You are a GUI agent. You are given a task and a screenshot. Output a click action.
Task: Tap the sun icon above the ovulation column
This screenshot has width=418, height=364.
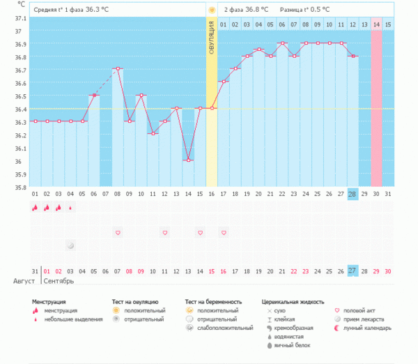(x=211, y=10)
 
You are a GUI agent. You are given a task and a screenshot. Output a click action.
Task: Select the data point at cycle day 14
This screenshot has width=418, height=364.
(x=188, y=160)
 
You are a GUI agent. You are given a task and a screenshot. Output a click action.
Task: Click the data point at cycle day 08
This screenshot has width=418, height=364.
(x=118, y=68)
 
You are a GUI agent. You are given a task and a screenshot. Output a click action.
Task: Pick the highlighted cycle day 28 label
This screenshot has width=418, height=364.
(x=353, y=194)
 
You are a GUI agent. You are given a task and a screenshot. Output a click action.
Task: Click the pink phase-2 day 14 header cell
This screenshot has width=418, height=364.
(x=376, y=24)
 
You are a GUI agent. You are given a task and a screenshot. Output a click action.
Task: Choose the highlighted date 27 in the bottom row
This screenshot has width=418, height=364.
(x=353, y=271)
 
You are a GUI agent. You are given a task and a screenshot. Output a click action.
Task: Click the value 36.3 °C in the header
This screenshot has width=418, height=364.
(x=98, y=10)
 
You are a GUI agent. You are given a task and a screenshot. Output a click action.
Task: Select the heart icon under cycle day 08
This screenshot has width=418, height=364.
(x=118, y=232)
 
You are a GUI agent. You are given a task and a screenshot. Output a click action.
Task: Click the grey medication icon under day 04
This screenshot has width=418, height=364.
(x=70, y=245)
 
